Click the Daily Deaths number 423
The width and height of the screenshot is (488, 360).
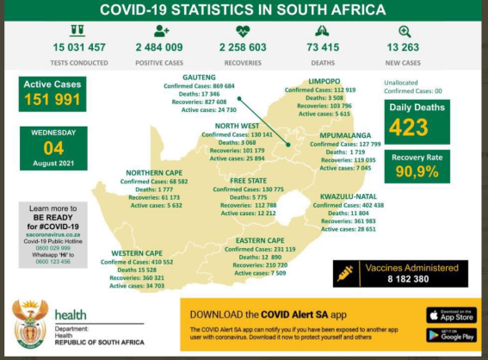pos(417,127)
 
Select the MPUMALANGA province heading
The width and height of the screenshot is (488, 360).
pos(344,135)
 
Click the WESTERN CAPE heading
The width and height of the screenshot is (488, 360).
pos(137,253)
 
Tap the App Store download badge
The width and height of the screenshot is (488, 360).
pos(449,314)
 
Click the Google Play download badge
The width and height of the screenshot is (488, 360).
pos(449,334)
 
